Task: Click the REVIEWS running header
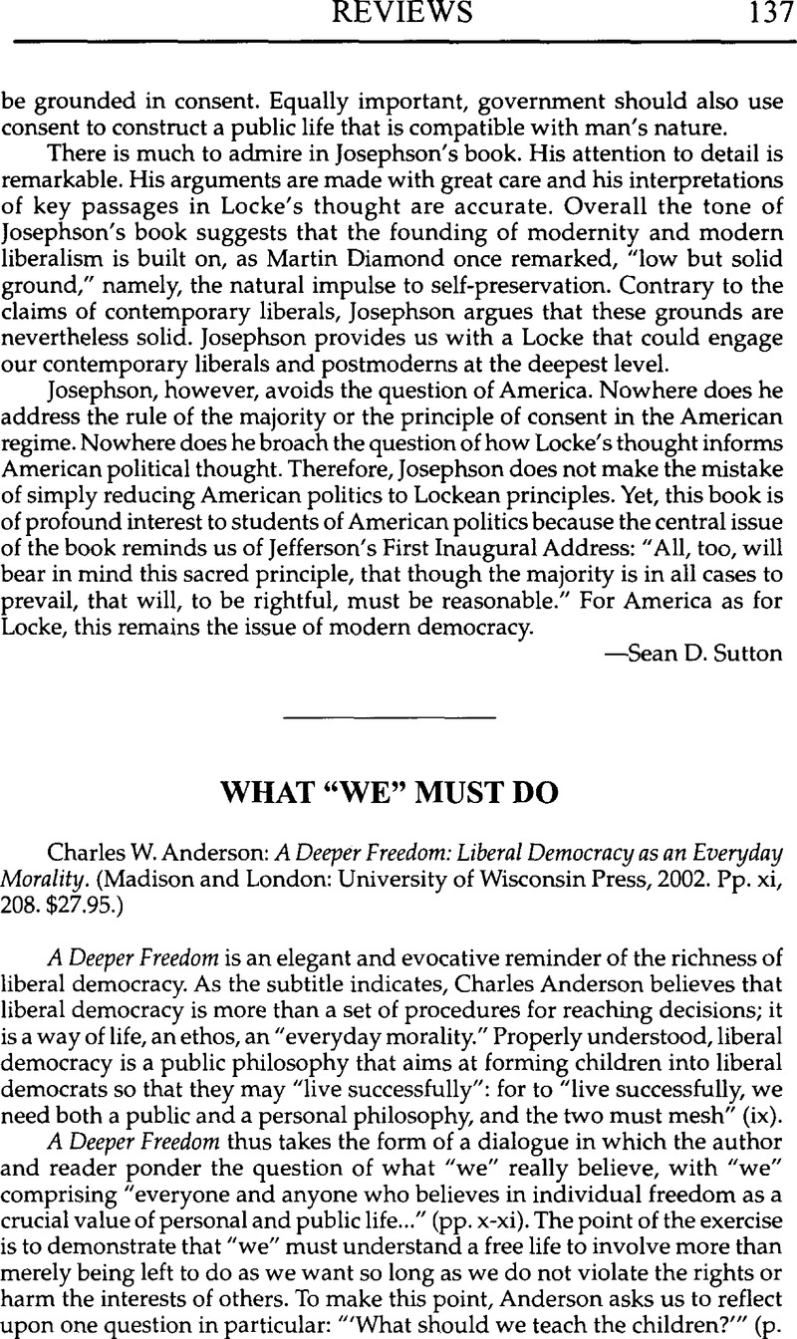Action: (x=398, y=15)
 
